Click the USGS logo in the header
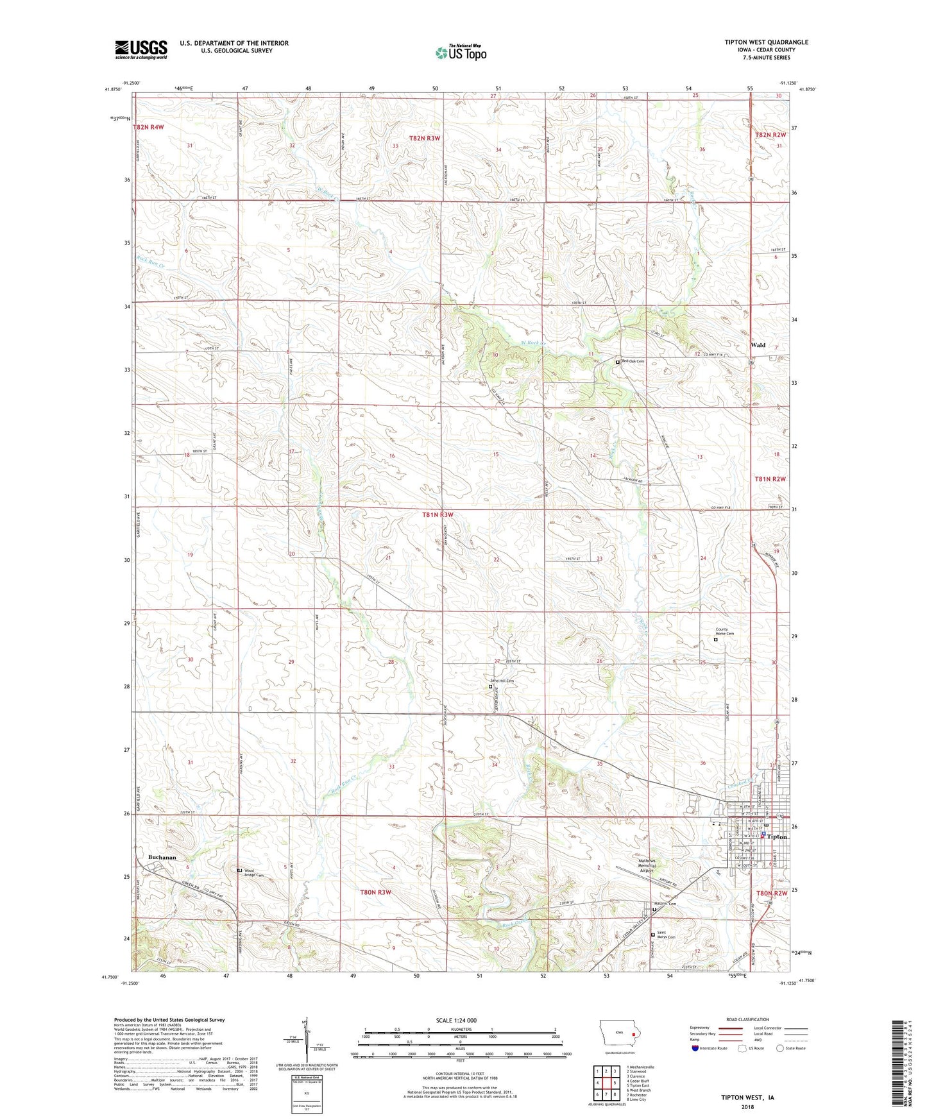coord(141,49)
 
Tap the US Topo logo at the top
coord(461,53)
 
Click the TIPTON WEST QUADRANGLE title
coord(766,42)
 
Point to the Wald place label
coord(758,345)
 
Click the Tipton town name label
coord(777,837)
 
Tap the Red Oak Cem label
coord(633,361)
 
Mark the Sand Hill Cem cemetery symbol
coord(491,686)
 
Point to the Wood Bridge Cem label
coord(253,873)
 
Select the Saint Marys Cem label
coord(666,935)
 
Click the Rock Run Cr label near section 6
coord(151,262)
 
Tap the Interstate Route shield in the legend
coord(697,1048)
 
